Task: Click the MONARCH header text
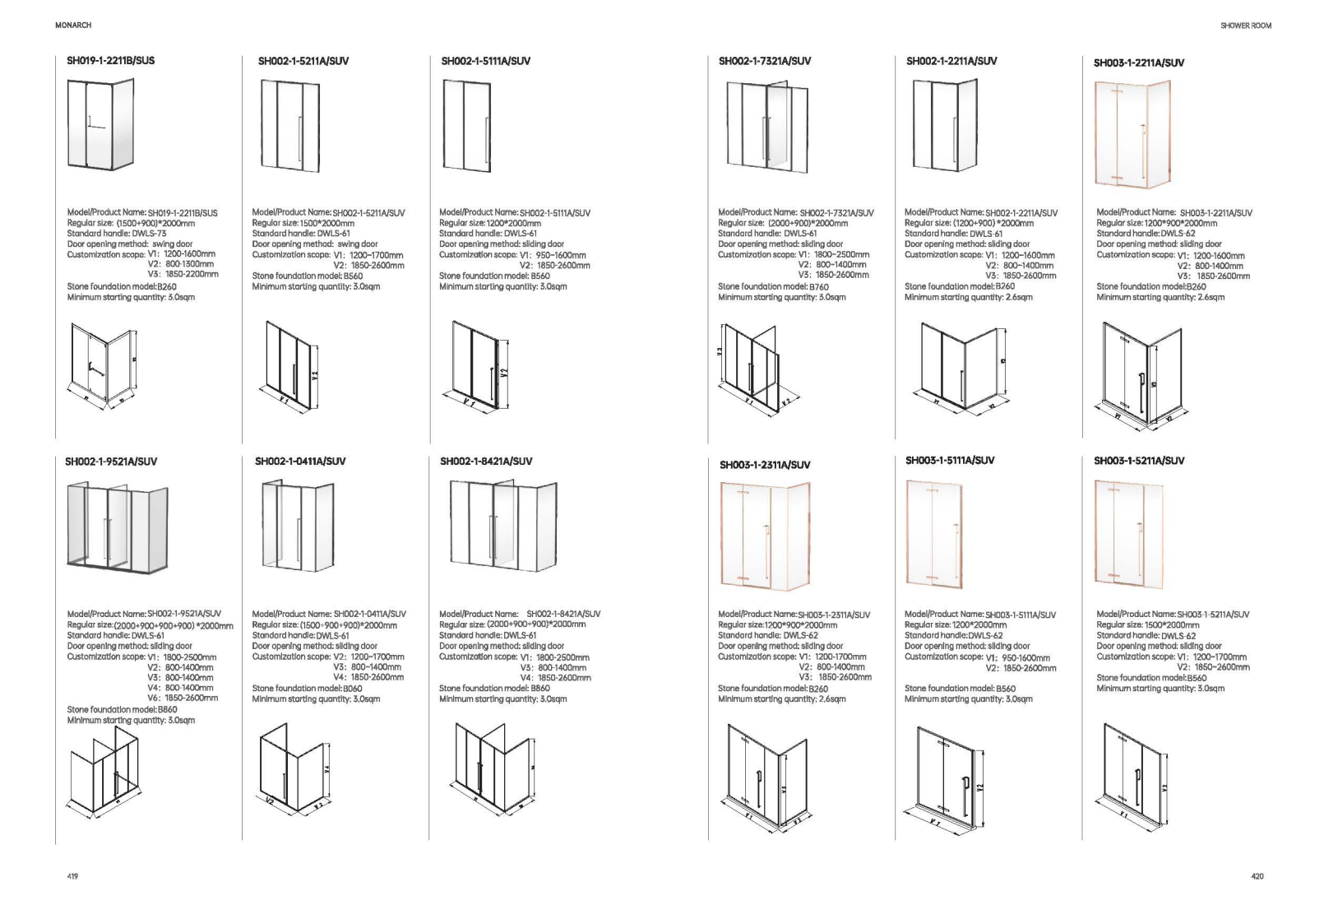(x=73, y=26)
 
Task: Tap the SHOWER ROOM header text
(x=1246, y=26)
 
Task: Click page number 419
(x=72, y=877)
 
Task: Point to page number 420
(x=1257, y=877)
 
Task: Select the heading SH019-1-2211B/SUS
(x=110, y=61)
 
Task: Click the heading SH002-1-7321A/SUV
(x=764, y=61)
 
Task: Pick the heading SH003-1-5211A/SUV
(x=1138, y=461)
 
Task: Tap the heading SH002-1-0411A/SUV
(x=300, y=462)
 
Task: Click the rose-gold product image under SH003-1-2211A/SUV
(x=1132, y=133)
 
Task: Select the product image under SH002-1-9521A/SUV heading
(x=117, y=526)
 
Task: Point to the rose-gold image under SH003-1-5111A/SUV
(x=933, y=532)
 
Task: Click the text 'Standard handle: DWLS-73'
(x=117, y=234)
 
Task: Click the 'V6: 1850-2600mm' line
(x=183, y=698)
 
